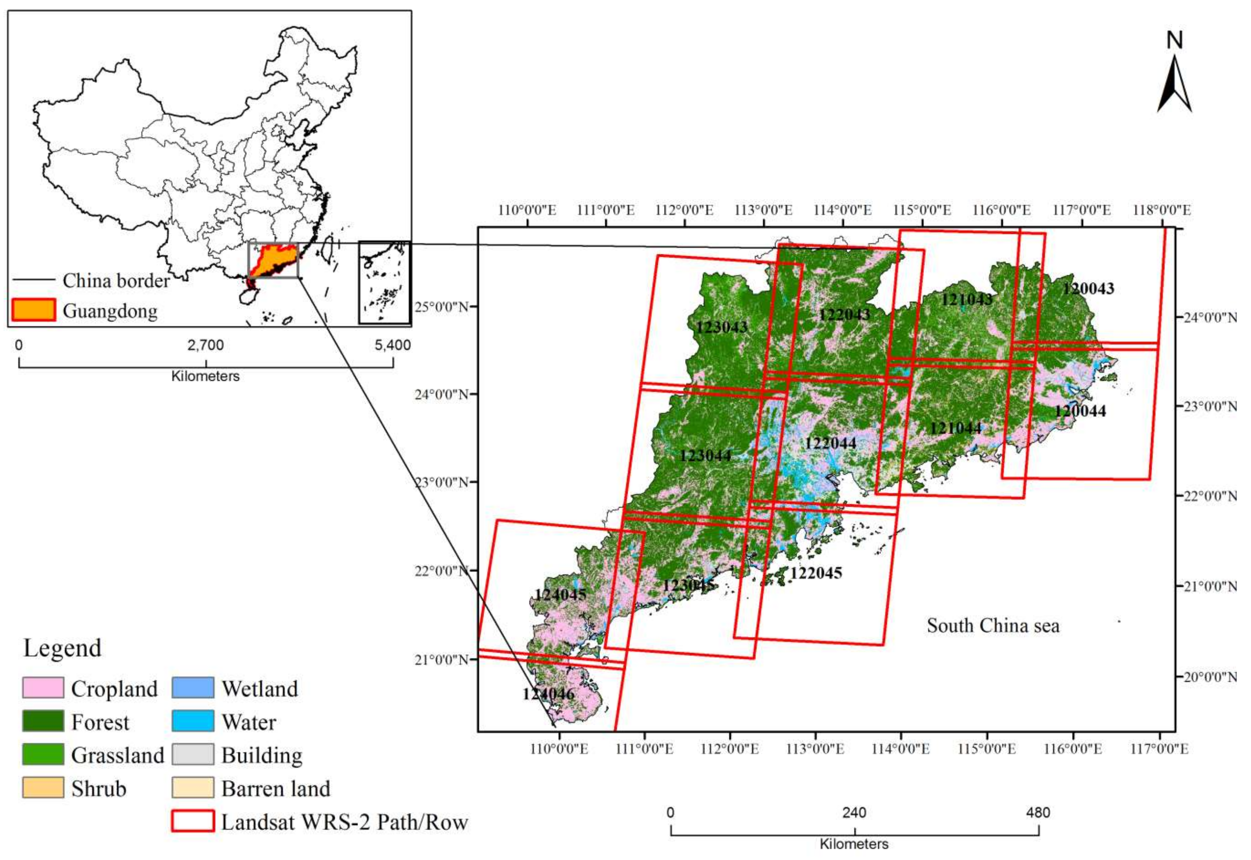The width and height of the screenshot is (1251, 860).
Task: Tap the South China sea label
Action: [x=993, y=626]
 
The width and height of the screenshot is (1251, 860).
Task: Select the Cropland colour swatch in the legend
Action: [x=43, y=688]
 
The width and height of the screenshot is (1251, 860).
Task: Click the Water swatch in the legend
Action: [x=192, y=722]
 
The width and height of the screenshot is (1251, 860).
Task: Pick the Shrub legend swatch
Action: [x=43, y=788]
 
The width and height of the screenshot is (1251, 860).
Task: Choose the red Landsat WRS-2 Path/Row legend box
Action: [x=192, y=821]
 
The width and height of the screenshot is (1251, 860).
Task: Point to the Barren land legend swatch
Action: [x=192, y=788]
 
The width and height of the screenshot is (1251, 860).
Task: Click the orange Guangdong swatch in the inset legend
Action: [x=34, y=310]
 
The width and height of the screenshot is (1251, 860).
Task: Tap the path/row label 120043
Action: [x=1088, y=289]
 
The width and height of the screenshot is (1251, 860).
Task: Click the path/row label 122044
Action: [x=830, y=443]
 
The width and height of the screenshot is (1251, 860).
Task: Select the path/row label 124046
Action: [x=548, y=693]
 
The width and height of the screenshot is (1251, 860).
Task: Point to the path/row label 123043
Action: [x=721, y=327]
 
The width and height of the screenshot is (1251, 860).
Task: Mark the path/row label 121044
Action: [x=956, y=428]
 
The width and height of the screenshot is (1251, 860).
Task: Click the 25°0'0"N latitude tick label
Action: [x=441, y=307]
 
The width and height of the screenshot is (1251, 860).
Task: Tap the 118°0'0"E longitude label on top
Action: [x=1161, y=210]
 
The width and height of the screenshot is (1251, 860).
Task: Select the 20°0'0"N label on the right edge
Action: [x=1210, y=676]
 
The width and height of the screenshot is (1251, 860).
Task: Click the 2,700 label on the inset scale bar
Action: [x=205, y=345]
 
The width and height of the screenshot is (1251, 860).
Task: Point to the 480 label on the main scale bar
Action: [x=1038, y=813]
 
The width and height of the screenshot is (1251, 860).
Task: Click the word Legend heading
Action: [x=62, y=648]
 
